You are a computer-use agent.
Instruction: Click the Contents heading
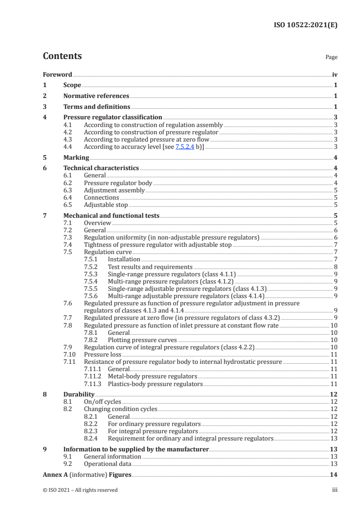tap(62, 56)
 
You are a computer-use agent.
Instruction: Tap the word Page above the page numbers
tap(331, 57)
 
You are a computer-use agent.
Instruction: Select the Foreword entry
tap(57, 74)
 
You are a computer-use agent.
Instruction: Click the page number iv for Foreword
tap(335, 74)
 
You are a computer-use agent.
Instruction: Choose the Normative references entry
tap(96, 96)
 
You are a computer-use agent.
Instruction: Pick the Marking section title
tap(76, 158)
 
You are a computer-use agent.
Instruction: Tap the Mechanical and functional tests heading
tap(111, 216)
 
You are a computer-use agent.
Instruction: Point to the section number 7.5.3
tap(93, 274)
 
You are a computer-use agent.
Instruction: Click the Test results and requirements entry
tap(150, 267)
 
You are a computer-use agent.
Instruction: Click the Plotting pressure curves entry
tap(143, 340)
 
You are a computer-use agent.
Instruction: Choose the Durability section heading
tap(79, 395)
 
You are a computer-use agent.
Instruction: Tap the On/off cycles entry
tap(103, 402)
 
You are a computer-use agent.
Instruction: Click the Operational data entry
tap(108, 464)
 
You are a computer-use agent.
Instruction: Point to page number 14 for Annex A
tap(334, 475)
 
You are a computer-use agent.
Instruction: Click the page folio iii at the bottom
tap(335, 490)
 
